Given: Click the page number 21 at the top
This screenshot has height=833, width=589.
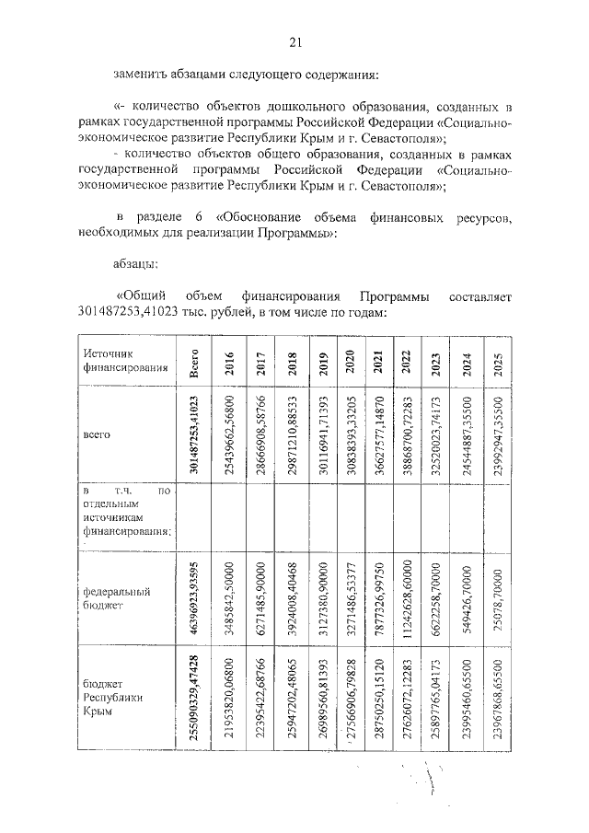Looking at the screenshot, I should tap(295, 41).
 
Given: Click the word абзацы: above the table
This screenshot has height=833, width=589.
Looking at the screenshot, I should tap(135, 263).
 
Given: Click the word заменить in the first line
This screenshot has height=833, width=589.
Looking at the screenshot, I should tap(138, 73).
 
